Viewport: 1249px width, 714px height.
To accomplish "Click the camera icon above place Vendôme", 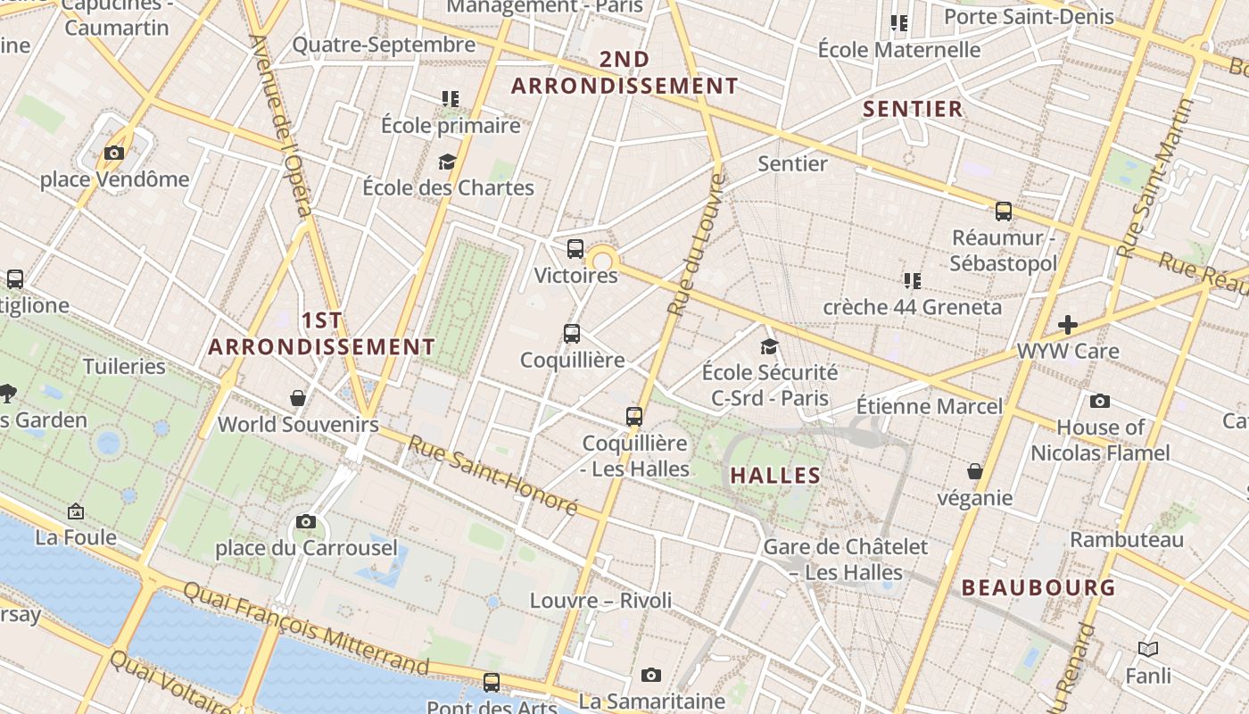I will point(113,154).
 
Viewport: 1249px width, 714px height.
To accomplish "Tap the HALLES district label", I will point(775,476).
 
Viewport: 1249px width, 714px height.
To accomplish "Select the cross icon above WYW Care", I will point(1067,325).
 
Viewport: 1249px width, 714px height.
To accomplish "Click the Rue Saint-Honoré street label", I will point(493,475).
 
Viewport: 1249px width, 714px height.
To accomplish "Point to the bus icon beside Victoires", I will point(575,249).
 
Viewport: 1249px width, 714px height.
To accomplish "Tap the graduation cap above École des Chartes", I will point(447,162).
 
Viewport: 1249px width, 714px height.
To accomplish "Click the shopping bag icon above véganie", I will point(975,471).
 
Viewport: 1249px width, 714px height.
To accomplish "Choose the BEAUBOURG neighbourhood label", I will point(1038,588).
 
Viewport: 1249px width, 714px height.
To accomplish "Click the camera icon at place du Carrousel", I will point(306,521).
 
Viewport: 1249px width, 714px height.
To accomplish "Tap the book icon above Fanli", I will point(1147,650).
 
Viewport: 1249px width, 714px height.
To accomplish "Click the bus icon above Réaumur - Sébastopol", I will point(1004,212).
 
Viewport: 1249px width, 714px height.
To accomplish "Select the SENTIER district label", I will point(914,110).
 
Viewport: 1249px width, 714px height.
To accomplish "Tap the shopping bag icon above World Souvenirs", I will point(298,398).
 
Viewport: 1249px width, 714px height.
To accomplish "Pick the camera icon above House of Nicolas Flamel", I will point(1100,401).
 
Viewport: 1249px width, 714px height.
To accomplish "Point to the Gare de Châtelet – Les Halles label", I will point(846,559).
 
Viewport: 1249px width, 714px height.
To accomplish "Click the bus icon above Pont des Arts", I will point(492,683).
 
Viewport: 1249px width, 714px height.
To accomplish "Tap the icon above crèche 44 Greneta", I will point(912,281).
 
